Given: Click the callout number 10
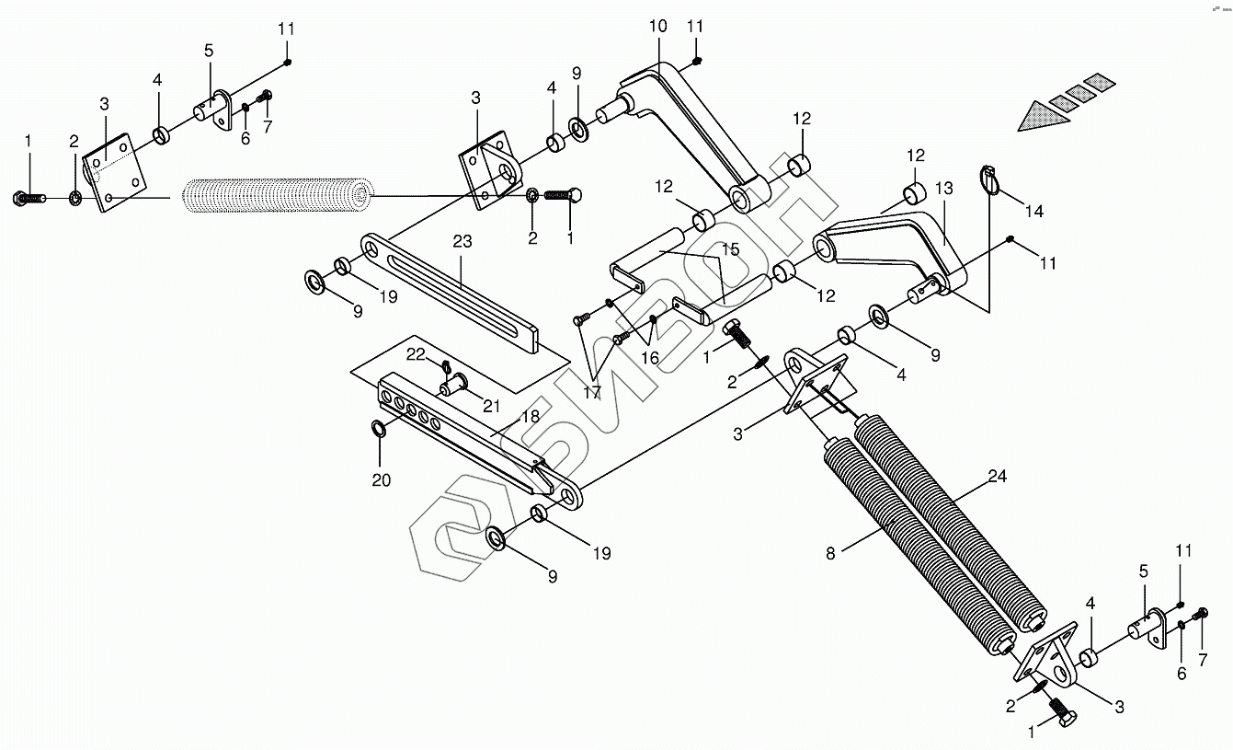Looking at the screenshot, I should pos(657,26).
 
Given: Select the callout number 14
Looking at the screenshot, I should pos(1034,212).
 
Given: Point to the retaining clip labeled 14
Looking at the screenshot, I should pos(989,179).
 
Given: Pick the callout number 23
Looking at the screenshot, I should pos(462,242).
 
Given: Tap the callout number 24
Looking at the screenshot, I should pos(998,477).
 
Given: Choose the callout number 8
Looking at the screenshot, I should pos(830,553).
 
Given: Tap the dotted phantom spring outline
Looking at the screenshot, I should pos(276,195).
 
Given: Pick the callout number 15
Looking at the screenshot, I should pos(730,249).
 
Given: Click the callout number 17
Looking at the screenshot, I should pos(590,392).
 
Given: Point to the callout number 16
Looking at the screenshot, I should pos(650,358).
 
